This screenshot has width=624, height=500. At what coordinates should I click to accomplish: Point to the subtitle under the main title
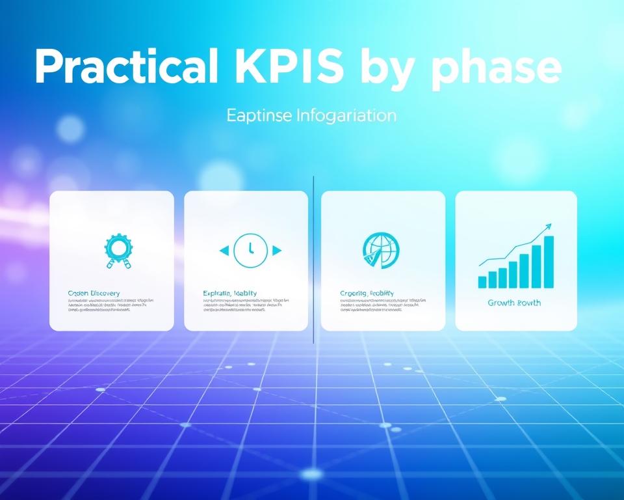311,116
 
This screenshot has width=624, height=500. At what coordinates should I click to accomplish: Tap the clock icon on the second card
250,250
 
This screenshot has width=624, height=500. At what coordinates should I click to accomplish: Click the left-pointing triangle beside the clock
224,250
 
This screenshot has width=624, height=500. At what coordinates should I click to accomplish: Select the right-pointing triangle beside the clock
277,250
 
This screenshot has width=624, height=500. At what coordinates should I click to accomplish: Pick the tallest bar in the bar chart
549,262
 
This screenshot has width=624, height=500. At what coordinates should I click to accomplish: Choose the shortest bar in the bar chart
482,281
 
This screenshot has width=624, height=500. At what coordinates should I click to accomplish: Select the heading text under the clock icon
229,294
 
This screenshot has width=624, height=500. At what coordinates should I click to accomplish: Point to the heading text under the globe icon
367,294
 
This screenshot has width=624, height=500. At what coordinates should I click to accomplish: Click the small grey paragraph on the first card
110,305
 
